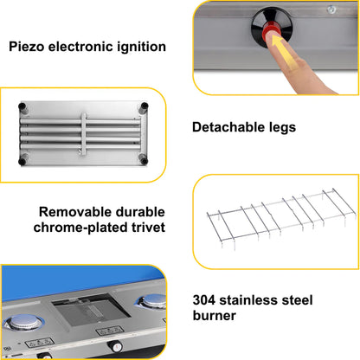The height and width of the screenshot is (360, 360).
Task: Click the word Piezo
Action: point(26,47)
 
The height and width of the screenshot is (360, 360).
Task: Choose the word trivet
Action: point(148,228)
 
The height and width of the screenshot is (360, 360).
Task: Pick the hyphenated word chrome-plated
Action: point(80,228)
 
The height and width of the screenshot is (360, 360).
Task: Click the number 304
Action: point(204,300)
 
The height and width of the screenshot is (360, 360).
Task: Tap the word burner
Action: point(215,316)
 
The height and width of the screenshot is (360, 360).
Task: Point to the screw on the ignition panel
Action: point(331,10)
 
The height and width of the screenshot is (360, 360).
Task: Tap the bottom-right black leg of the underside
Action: point(143,159)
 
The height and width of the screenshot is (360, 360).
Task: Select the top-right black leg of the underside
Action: point(144,108)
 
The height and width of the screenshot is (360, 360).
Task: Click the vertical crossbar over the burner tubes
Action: point(83,133)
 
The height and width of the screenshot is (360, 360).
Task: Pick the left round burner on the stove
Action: point(23,322)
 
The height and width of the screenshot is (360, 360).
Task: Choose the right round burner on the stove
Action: point(152,301)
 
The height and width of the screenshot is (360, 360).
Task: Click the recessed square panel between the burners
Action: point(91,310)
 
